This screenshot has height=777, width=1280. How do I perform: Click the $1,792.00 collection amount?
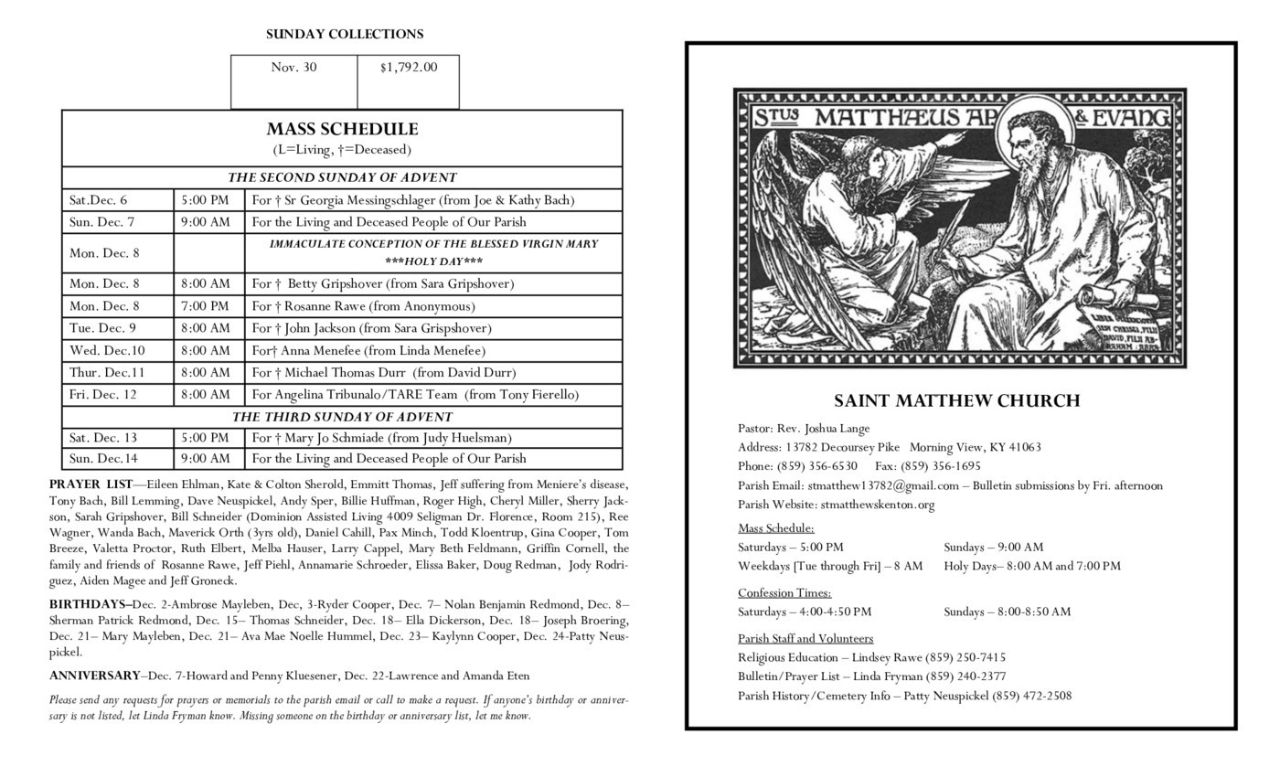pyautogui.click(x=409, y=67)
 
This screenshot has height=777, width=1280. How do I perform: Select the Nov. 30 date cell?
pyautogui.click(x=293, y=67)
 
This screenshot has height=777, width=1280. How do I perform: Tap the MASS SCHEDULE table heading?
pyautogui.click(x=342, y=129)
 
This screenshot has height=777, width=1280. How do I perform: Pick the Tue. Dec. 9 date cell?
pyautogui.click(x=102, y=328)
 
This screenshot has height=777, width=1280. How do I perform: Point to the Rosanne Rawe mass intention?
pyautogui.click(x=363, y=306)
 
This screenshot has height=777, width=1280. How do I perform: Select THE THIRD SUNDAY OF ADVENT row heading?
pyautogui.click(x=342, y=417)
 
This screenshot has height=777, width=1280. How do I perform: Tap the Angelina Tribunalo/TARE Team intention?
pyautogui.click(x=415, y=395)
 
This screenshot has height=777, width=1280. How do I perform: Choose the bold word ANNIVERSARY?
pyautogui.click(x=94, y=676)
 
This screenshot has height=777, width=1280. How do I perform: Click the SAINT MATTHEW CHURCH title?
pyautogui.click(x=956, y=400)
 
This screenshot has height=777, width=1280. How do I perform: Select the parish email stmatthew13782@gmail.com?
pyautogui.click(x=882, y=485)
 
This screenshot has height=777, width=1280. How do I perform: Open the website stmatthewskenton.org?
pyautogui.click(x=877, y=505)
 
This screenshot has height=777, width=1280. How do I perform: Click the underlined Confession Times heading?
pyautogui.click(x=784, y=592)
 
